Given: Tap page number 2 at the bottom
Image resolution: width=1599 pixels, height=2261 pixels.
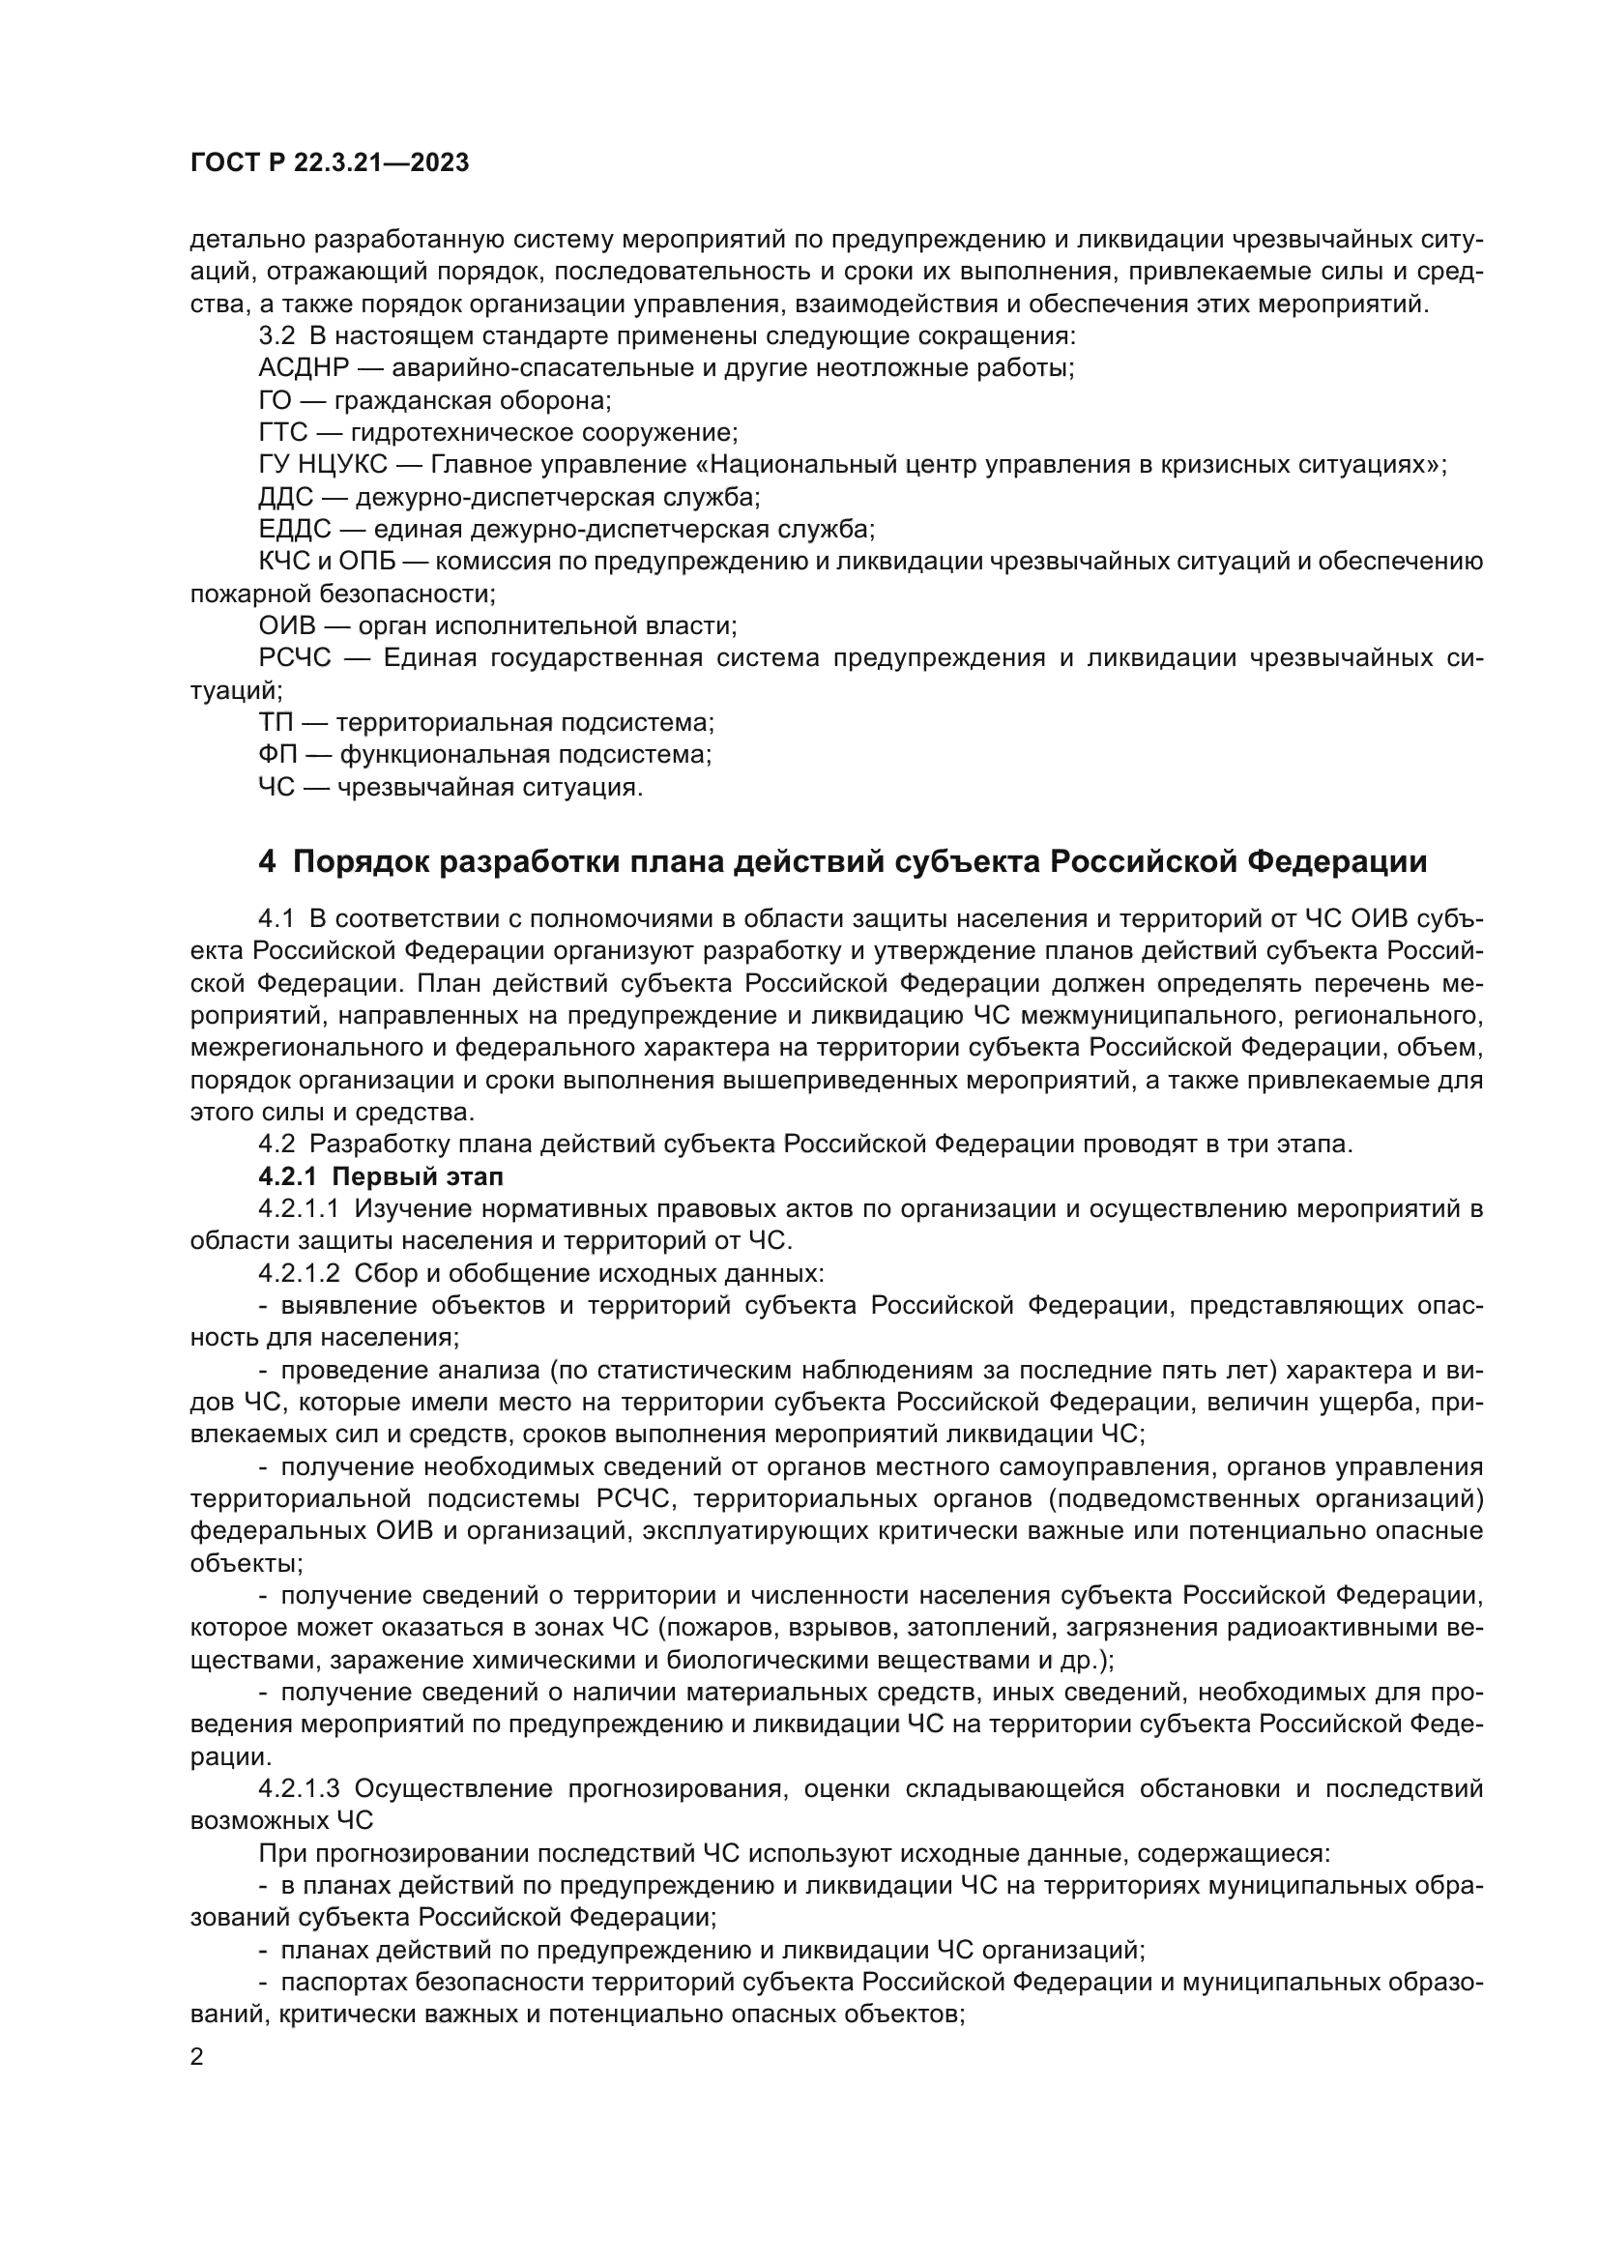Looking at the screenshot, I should tap(197, 2057).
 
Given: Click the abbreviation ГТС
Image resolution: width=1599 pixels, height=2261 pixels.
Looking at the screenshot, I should tap(283, 432).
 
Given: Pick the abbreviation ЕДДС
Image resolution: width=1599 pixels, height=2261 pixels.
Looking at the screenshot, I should tap(295, 530).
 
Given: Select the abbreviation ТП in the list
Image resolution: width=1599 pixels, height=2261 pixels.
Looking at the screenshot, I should tap(275, 723).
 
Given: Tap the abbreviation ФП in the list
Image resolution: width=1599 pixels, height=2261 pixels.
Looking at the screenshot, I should tap(276, 755).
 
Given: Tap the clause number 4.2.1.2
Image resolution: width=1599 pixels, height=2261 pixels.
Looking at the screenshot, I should tap(299, 1273).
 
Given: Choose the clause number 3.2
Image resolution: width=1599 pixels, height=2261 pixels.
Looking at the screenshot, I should tap(276, 335).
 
